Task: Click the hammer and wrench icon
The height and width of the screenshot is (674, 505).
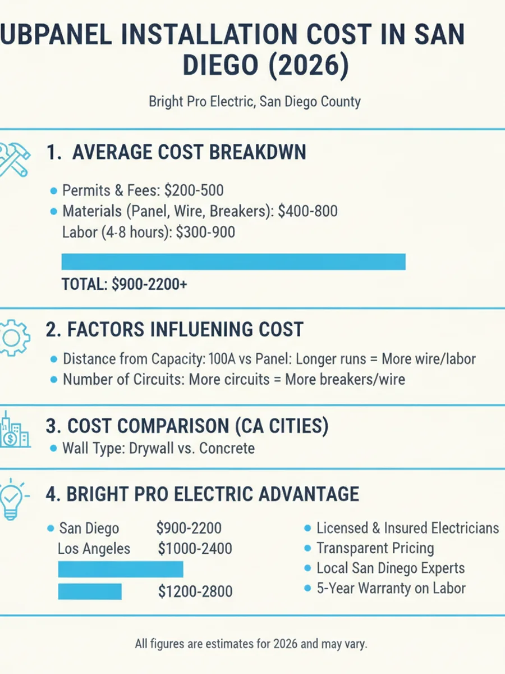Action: (14, 160)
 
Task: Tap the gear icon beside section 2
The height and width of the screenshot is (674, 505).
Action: (14, 338)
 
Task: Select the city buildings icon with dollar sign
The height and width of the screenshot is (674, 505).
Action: (15, 430)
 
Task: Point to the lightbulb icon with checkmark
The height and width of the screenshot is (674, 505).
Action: (12, 499)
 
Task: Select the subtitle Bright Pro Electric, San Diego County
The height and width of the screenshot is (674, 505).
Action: (255, 101)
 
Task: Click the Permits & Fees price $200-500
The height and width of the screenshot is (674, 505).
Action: (194, 190)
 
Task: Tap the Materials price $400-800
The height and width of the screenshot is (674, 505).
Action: (307, 211)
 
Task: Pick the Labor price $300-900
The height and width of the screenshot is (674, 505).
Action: (205, 232)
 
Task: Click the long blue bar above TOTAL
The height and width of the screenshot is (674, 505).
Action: (233, 262)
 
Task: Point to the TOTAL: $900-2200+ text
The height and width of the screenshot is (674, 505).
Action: (125, 284)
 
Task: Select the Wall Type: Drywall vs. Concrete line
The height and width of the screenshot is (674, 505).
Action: (159, 448)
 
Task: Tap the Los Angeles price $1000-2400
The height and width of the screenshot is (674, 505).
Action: (195, 549)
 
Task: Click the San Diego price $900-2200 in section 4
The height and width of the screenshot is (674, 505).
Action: (189, 528)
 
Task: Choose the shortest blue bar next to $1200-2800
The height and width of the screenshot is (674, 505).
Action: (90, 591)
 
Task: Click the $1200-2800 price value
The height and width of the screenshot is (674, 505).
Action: (195, 591)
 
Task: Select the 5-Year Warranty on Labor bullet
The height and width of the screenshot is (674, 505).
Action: (391, 588)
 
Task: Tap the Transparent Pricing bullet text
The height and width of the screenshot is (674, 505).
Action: (375, 548)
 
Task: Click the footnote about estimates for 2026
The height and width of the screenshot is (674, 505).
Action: (251, 644)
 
